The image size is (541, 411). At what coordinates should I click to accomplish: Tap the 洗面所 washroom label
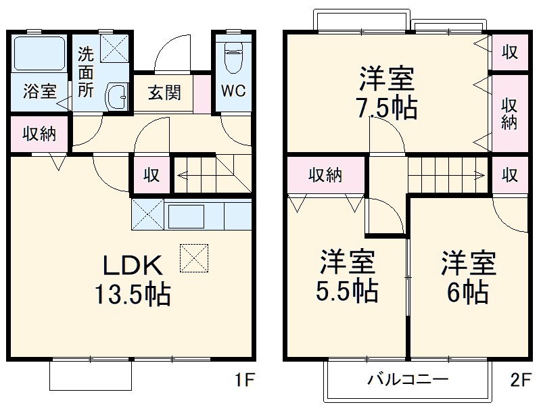(x=85, y=72)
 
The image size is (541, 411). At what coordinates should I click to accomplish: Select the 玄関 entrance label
(x=164, y=93)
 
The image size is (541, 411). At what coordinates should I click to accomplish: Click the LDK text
(x=133, y=265)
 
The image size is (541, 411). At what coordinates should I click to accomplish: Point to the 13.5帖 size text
(x=133, y=295)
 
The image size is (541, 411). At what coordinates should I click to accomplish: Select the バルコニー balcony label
(x=407, y=379)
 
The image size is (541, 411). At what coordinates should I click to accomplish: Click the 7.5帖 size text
(x=387, y=107)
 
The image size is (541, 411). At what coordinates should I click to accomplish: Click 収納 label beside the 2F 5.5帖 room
(x=325, y=175)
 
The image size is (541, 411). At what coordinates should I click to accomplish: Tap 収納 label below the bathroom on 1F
(x=39, y=132)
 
